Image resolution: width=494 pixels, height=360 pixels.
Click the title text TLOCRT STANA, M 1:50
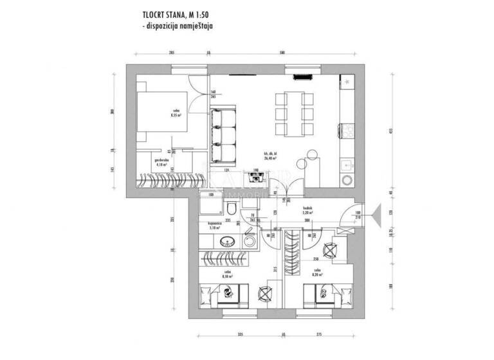[178, 13]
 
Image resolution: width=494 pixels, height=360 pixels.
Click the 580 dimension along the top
[282, 53]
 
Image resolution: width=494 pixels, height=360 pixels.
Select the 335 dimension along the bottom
[239, 334]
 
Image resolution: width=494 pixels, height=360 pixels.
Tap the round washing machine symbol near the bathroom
[250, 240]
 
